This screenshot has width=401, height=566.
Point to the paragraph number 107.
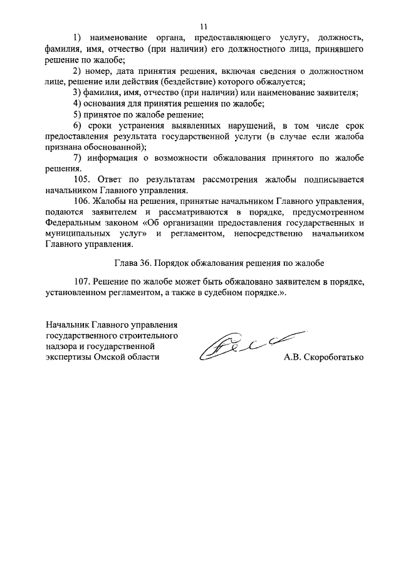83,281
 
